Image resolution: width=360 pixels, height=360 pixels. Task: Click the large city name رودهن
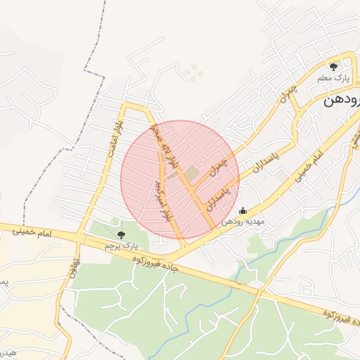[342, 101]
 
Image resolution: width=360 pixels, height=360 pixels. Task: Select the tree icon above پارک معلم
[333, 67]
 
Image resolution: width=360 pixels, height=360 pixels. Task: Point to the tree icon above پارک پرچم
[121, 235]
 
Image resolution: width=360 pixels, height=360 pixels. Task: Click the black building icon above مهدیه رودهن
[243, 210]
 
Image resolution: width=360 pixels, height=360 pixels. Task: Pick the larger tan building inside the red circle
[192, 172]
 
